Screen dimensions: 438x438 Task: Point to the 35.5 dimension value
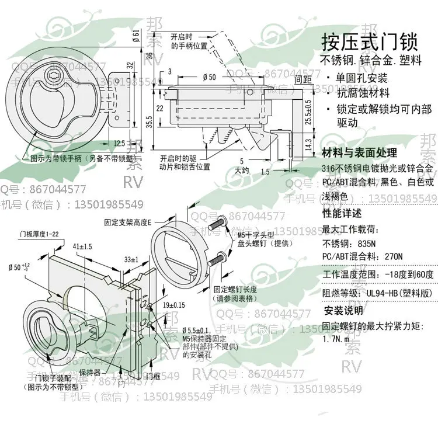pos(150,122)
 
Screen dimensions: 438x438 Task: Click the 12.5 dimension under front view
pos(119,143)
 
